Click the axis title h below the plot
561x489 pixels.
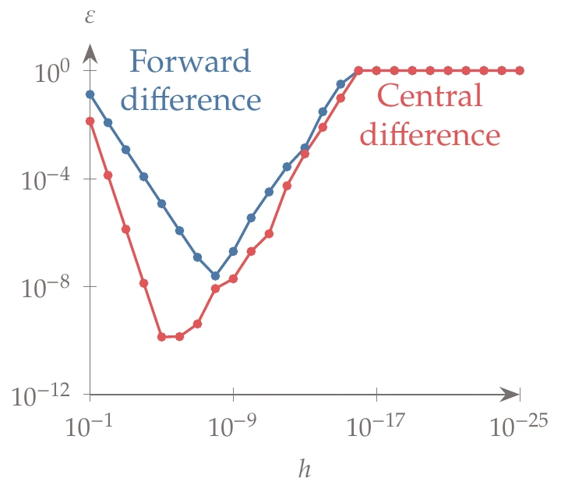click(x=305, y=469)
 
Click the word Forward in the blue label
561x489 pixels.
click(x=191, y=62)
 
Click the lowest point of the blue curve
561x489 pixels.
click(x=216, y=275)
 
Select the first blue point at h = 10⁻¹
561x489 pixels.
click(x=90, y=94)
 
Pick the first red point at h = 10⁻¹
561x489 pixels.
click(x=90, y=121)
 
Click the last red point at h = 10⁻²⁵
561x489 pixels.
click(x=520, y=70)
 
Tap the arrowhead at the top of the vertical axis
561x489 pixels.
click(x=90, y=54)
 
